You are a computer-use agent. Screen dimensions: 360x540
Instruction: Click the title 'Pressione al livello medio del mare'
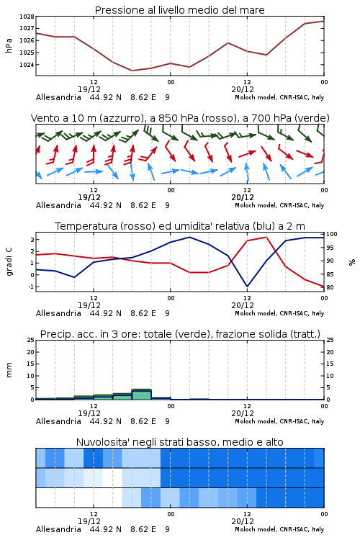tap(179, 10)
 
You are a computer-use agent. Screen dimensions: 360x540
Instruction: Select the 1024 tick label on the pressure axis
tap(27, 65)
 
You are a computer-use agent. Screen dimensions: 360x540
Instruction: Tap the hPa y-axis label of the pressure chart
tap(9, 45)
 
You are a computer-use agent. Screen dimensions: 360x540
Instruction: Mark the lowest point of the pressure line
tap(132, 71)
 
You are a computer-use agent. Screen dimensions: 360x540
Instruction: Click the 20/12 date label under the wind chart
tap(243, 197)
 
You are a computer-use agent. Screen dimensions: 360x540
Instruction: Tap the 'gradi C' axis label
tap(9, 262)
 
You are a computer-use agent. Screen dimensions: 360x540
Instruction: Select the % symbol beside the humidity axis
tap(352, 262)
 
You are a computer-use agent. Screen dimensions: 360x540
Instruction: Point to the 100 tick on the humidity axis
tap(332, 234)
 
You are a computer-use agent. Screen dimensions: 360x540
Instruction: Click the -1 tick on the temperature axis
tap(32, 287)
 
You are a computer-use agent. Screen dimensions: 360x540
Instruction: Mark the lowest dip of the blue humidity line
tap(247, 287)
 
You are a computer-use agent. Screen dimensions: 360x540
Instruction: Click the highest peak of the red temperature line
tap(266, 237)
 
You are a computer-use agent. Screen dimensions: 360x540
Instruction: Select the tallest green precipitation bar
tap(142, 395)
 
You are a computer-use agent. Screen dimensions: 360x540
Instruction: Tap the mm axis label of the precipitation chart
tap(9, 370)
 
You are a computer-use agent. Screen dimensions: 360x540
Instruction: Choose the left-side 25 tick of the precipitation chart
tap(31, 340)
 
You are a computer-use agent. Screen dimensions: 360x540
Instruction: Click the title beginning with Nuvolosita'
tap(179, 442)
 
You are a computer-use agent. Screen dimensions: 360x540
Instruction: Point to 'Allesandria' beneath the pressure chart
tap(58, 97)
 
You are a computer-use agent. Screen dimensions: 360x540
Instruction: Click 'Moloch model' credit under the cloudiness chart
tap(256, 529)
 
